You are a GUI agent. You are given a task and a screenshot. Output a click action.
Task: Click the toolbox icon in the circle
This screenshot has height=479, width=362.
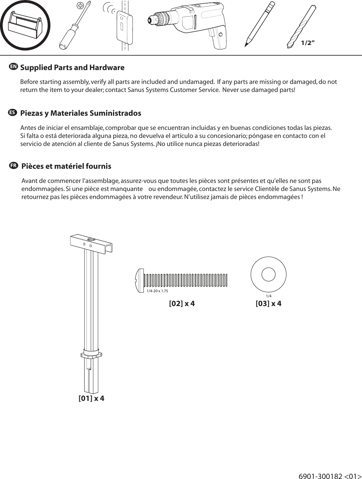25,25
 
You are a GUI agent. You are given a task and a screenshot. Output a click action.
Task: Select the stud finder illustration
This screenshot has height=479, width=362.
123,26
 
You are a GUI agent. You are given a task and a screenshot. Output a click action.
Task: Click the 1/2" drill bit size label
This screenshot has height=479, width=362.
307,43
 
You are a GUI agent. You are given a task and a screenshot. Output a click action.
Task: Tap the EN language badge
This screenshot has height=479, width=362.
13,67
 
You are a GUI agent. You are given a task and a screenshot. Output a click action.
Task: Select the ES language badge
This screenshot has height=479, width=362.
12,113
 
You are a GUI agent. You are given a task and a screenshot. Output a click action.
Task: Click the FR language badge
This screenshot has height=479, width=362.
13,166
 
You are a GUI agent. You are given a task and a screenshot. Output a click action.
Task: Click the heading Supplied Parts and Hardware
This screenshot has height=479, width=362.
72,68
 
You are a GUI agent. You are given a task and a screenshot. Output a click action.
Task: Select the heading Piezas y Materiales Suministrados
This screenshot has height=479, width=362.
80,113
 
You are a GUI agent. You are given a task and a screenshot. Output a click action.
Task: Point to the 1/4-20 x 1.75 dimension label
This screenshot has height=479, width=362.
157,291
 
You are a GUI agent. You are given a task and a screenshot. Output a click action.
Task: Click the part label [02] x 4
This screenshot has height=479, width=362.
182,303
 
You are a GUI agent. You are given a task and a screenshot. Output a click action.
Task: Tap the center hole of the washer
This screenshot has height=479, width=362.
268,275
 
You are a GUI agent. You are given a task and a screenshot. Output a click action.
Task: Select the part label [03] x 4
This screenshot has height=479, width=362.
268,303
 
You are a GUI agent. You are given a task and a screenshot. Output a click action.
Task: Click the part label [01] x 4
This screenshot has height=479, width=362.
91,398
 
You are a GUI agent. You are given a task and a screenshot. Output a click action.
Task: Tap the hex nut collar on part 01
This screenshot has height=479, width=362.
91,355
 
